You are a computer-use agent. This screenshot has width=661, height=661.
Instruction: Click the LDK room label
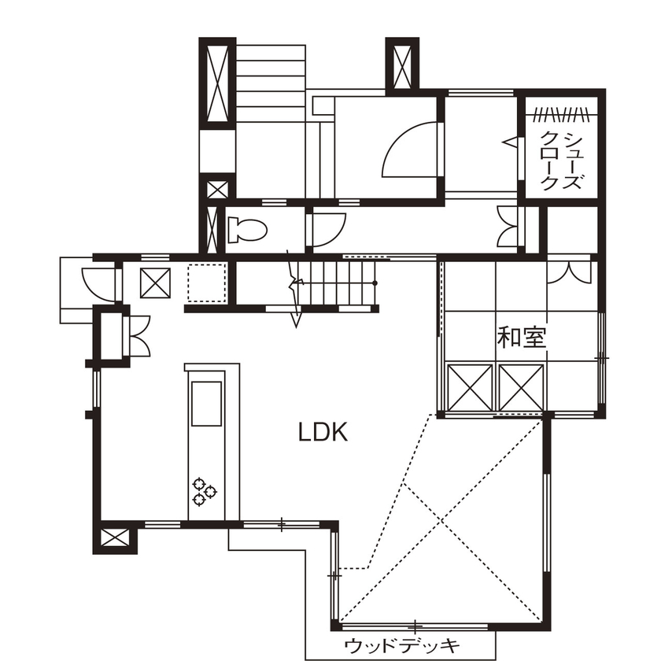(323, 432)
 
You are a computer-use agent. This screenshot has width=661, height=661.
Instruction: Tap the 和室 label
(522, 338)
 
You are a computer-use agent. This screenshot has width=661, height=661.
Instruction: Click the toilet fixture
(247, 231)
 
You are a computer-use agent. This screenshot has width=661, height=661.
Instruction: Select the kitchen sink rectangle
(207, 404)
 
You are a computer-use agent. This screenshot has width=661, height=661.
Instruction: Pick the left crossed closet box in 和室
(469, 386)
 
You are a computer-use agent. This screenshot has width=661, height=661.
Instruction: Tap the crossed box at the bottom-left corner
(115, 539)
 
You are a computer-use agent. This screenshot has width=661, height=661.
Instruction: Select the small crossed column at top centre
(401, 63)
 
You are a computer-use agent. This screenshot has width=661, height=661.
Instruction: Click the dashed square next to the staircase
(207, 281)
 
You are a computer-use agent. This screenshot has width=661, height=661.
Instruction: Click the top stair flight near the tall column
(270, 83)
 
